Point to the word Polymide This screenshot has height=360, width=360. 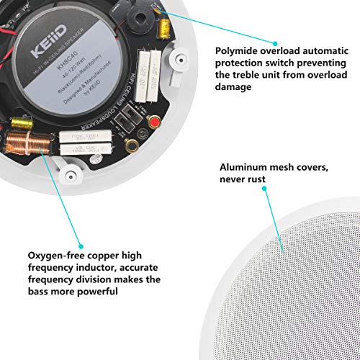tap(241, 51)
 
